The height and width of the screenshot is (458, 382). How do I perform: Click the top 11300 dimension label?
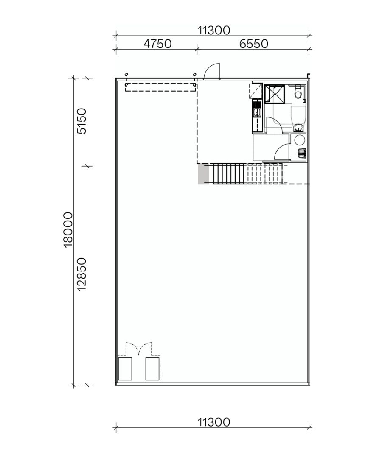point(213,30)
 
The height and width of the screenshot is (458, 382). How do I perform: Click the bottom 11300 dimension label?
point(213,422)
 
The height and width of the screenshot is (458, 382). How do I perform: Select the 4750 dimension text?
point(157,44)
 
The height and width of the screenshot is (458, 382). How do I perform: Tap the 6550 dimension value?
point(254,44)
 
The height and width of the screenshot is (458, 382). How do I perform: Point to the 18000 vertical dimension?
point(68,230)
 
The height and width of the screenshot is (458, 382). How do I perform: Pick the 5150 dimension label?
point(81,121)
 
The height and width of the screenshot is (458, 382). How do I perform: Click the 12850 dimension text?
point(81,274)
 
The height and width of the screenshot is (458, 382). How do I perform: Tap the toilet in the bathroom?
point(298,92)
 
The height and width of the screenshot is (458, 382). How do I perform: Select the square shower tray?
point(275,94)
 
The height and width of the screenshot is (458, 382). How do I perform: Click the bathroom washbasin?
point(299,128)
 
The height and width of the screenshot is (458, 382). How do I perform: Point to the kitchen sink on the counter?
point(256,112)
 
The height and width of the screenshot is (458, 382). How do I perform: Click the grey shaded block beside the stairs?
point(204,174)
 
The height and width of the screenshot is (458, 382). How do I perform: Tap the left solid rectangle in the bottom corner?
point(125,369)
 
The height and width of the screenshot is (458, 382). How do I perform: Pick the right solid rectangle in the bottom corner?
point(152,369)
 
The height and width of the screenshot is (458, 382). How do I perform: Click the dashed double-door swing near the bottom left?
point(139,349)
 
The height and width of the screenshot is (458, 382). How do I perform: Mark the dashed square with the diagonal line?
point(256,91)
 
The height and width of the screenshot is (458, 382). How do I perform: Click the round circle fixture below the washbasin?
point(300,140)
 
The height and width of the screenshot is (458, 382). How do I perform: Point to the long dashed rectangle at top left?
point(160,87)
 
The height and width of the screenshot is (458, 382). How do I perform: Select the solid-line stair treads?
point(228,174)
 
